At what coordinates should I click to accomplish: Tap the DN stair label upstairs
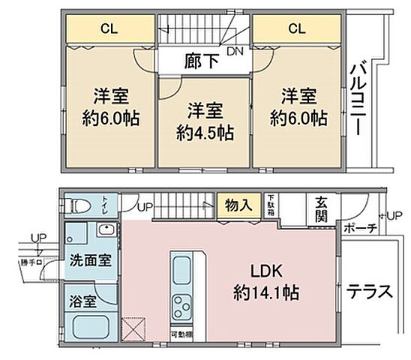(235, 52)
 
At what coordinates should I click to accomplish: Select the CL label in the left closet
(109, 29)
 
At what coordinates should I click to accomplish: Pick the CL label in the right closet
(297, 29)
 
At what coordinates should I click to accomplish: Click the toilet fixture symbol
(78, 205)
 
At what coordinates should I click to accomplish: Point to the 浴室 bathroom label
(84, 302)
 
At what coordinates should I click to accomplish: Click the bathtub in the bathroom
(91, 327)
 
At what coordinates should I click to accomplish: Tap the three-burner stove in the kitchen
(183, 306)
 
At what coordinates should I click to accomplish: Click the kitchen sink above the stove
(183, 269)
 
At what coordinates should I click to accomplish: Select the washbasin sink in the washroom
(105, 235)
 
